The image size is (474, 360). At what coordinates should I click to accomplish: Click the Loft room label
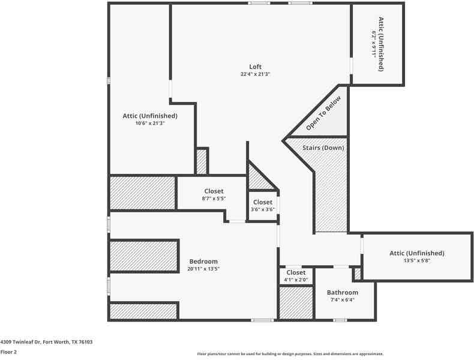pyautogui.click(x=256, y=67)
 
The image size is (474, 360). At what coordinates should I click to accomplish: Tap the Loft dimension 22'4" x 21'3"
pyautogui.click(x=256, y=74)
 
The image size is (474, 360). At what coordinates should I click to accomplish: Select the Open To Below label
pyautogui.click(x=323, y=113)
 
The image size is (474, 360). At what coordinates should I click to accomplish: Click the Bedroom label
pyautogui.click(x=203, y=261)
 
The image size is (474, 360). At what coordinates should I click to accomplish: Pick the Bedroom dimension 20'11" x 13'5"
pyautogui.click(x=203, y=269)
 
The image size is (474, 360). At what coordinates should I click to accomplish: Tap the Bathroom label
pyautogui.click(x=343, y=292)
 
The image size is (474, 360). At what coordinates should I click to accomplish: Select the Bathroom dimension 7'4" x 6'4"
pyautogui.click(x=343, y=300)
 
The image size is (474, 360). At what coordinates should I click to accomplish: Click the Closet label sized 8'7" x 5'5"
pyautogui.click(x=214, y=191)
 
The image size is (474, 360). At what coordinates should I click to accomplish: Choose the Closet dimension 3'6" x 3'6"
pyautogui.click(x=263, y=209)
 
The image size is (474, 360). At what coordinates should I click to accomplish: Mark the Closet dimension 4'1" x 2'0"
pyautogui.click(x=295, y=280)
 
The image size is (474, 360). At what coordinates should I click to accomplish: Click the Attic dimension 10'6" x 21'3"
pyautogui.click(x=149, y=123)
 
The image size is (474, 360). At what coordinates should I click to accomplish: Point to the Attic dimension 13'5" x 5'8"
pyautogui.click(x=417, y=260)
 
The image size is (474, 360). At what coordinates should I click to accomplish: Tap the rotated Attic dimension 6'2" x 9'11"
pyautogui.click(x=374, y=44)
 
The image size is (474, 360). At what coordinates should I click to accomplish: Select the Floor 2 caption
pyautogui.click(x=8, y=352)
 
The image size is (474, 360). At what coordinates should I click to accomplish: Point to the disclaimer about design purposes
pyautogui.click(x=290, y=354)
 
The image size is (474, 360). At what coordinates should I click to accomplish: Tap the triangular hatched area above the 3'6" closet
pyautogui.click(x=259, y=179)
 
